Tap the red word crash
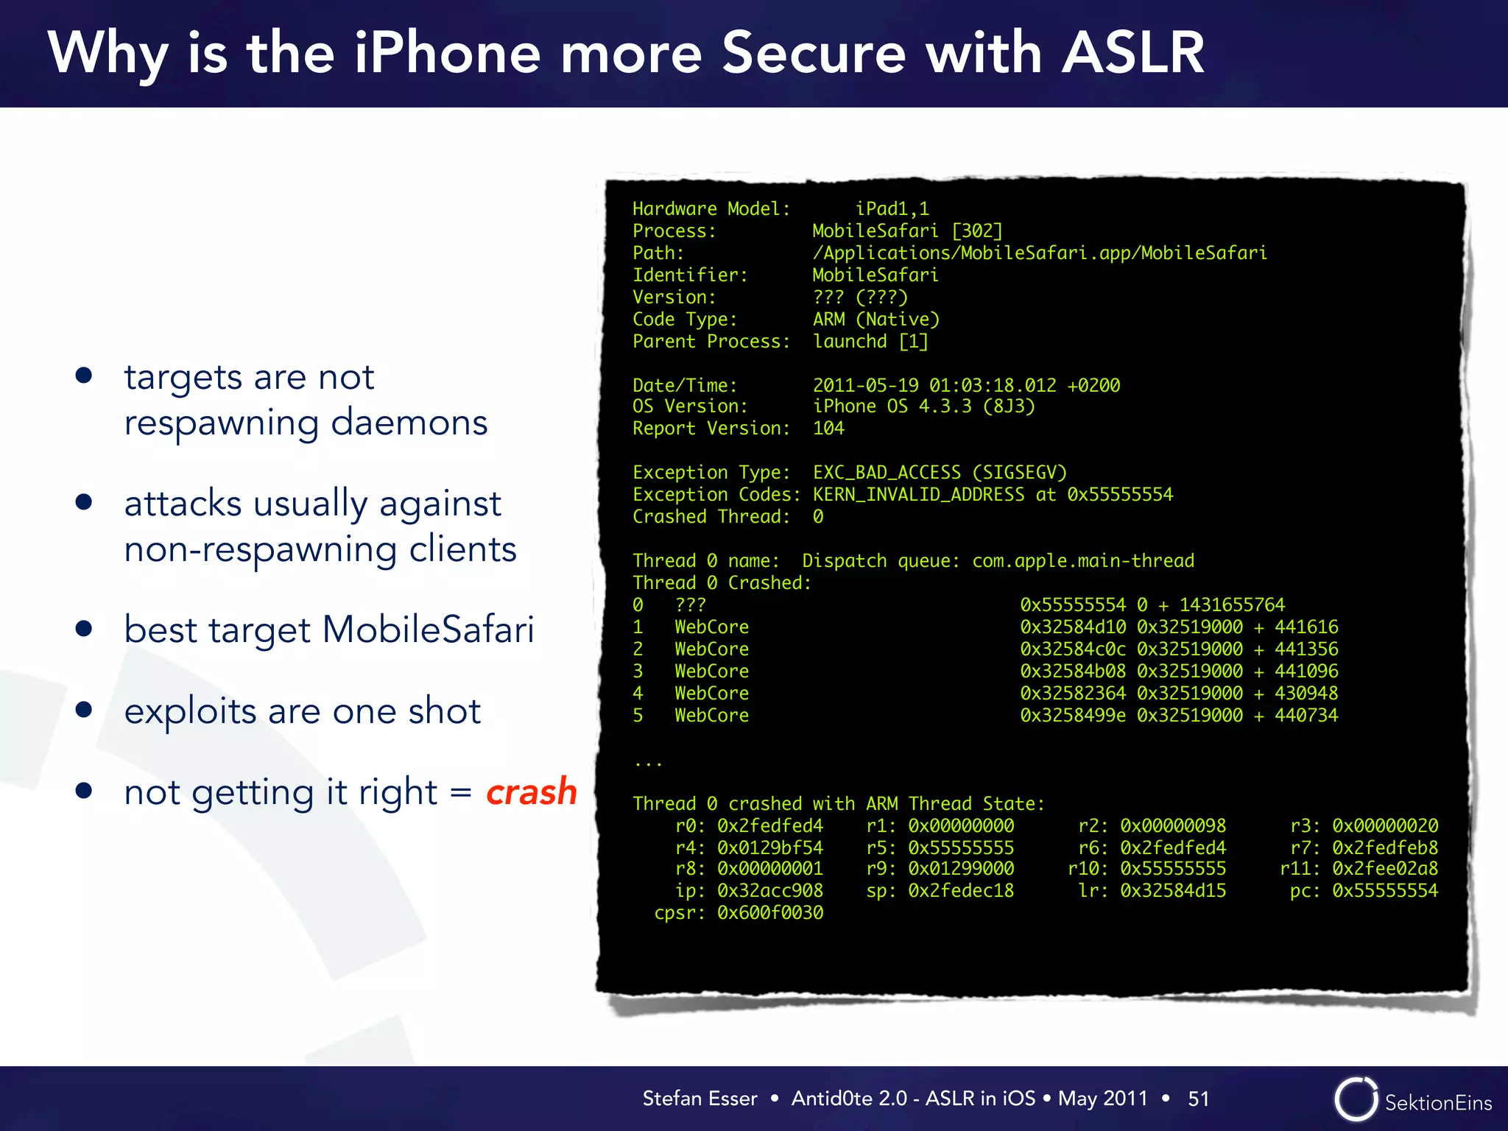point(531,792)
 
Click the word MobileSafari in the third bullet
point(428,630)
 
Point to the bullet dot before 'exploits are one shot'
point(84,710)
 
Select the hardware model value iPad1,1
point(892,209)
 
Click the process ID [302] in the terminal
point(977,231)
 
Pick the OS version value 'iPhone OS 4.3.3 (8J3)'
point(923,406)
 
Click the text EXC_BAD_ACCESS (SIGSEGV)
point(940,473)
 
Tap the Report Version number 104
point(828,429)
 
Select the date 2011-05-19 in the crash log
point(864,385)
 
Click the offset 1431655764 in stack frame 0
point(1232,605)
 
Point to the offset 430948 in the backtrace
point(1306,694)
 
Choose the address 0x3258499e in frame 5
point(1072,716)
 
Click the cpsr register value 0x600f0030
point(770,913)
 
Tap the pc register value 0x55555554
point(1384,891)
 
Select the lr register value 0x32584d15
point(1173,891)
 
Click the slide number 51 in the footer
point(1199,1099)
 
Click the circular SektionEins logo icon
point(1356,1099)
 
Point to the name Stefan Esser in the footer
point(700,1099)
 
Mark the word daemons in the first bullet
point(409,423)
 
